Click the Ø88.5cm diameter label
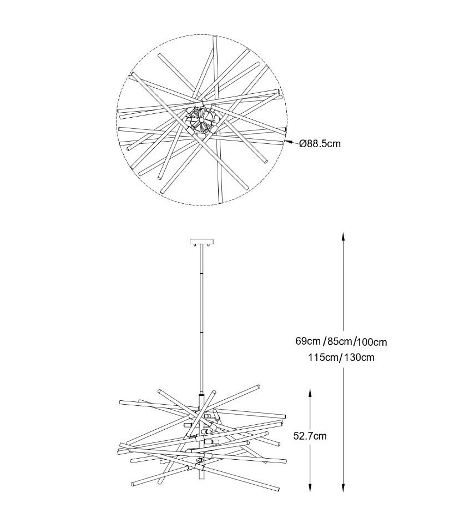(x=320, y=143)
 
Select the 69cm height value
(x=307, y=341)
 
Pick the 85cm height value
(x=340, y=341)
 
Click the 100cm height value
(x=372, y=341)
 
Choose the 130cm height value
(x=359, y=357)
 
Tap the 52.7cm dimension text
(x=310, y=436)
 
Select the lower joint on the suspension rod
(x=200, y=332)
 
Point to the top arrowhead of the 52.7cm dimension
(x=310, y=391)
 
